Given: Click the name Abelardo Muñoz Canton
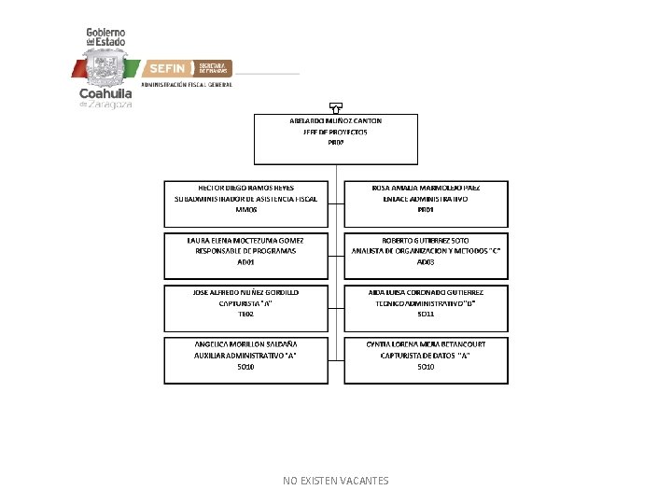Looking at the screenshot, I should (x=335, y=120).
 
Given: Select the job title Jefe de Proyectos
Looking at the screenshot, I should (x=335, y=132).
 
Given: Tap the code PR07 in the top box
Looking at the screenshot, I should (x=335, y=143).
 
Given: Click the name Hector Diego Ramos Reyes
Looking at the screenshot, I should (x=246, y=187).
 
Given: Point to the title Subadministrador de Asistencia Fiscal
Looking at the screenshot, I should (x=246, y=199).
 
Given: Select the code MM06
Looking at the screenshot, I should (x=246, y=210).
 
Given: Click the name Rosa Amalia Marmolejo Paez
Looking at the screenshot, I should (x=426, y=187).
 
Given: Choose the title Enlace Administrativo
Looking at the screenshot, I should (x=426, y=199).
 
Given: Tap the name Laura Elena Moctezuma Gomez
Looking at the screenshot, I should (x=246, y=239).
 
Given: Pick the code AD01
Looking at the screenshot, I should (x=246, y=262).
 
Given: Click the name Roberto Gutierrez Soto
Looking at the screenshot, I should (x=426, y=239).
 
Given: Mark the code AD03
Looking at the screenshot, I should (x=426, y=262).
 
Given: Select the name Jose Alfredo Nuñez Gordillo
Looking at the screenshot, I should (x=246, y=292).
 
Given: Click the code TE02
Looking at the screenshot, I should (x=246, y=315).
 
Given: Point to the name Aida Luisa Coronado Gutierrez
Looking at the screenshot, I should (x=426, y=292).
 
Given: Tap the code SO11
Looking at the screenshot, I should (x=426, y=315).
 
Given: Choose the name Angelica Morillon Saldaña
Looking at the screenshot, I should (x=246, y=343).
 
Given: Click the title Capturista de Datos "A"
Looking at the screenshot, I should (x=426, y=356).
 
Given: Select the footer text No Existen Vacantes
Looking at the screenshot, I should (x=336, y=481).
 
